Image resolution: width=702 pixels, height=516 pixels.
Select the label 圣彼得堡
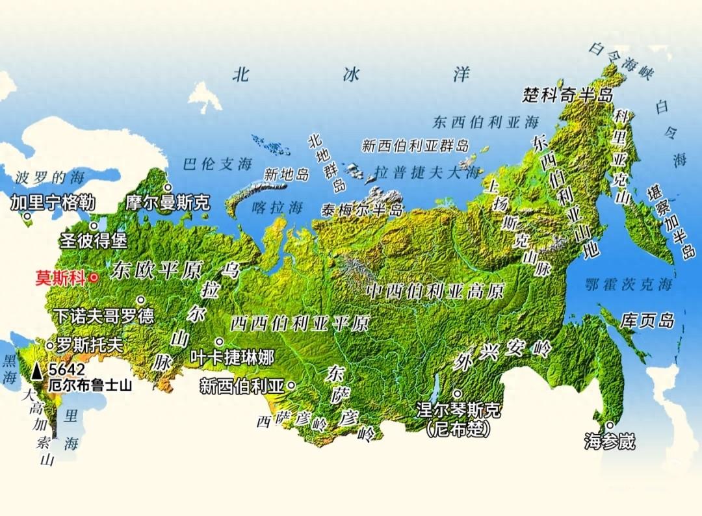(94, 240)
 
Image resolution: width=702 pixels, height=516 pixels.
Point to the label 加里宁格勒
(53, 203)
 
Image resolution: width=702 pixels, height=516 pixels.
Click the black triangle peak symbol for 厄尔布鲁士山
(38, 370)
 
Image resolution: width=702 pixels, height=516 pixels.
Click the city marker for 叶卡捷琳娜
(220, 342)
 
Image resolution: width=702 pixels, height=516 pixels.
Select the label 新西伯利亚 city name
(242, 386)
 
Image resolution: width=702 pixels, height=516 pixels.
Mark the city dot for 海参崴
(609, 426)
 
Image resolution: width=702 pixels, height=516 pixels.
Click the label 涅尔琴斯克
(459, 411)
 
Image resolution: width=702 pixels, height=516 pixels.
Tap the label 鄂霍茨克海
(628, 284)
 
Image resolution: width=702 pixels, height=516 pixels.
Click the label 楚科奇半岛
(567, 96)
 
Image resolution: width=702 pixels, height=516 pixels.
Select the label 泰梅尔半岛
(362, 210)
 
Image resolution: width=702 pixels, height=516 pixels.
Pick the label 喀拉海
(278, 208)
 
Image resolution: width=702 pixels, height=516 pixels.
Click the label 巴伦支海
(217, 164)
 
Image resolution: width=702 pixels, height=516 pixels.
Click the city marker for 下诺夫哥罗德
(140, 300)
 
